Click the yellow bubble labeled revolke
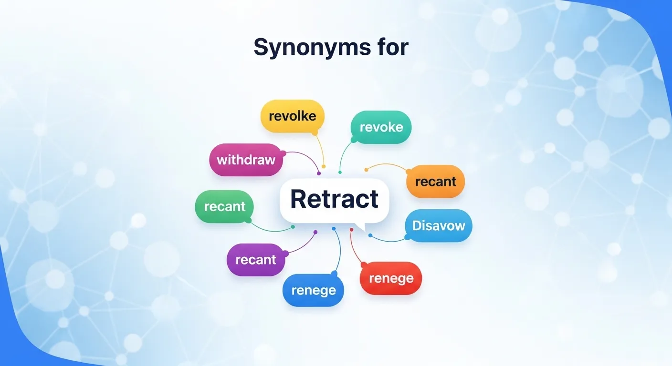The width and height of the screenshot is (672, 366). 292,116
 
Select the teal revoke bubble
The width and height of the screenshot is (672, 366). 381,127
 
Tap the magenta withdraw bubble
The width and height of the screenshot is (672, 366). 246,160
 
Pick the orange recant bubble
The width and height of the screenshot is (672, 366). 435,182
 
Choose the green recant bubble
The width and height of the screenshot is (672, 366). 224,207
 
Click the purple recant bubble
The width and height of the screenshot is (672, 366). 256,260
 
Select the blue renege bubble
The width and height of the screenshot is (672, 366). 313,290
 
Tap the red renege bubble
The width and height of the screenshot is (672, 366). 390,278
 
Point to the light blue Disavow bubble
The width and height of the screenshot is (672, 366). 438,225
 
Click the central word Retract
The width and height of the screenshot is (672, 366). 334,199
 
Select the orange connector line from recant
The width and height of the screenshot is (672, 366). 387,165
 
